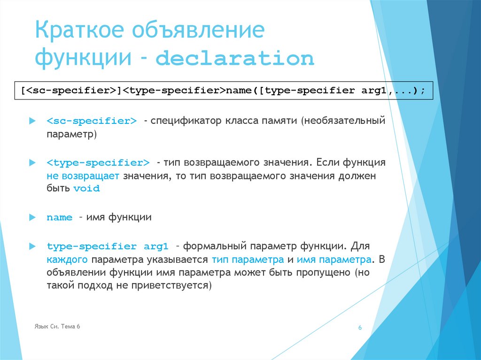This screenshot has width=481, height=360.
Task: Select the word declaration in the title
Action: (x=234, y=60)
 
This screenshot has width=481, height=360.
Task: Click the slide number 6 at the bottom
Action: (x=360, y=328)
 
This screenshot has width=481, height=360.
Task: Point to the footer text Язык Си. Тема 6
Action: (x=57, y=326)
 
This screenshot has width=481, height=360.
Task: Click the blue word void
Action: (x=87, y=189)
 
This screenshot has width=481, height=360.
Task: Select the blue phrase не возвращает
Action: (x=83, y=176)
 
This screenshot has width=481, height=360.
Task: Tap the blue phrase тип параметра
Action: (x=248, y=260)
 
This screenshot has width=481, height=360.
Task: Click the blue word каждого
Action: (x=68, y=260)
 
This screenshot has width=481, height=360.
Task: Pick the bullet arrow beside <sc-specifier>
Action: (x=32, y=121)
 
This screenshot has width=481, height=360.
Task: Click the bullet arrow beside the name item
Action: (x=32, y=217)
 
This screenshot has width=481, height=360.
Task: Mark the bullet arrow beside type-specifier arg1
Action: (x=32, y=246)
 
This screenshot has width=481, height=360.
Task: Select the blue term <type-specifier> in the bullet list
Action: (x=98, y=163)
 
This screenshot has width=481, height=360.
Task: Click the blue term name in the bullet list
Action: (x=59, y=218)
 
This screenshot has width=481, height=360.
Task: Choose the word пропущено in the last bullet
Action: (x=321, y=273)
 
